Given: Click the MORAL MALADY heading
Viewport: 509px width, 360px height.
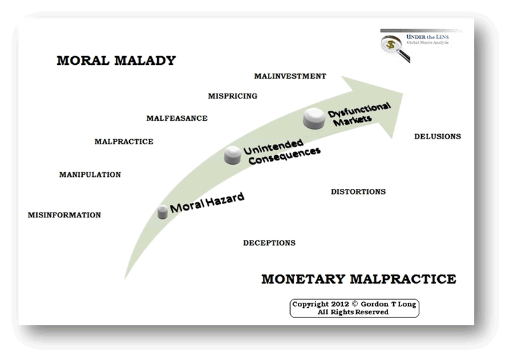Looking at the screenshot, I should click(x=116, y=61).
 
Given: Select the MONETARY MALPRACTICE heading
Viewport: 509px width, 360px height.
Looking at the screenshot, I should click(x=358, y=279).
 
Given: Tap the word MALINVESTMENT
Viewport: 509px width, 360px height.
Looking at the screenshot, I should click(x=289, y=76).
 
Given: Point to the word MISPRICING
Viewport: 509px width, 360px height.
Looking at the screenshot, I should click(x=232, y=96).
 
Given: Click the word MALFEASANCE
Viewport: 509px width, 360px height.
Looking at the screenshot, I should click(x=177, y=118).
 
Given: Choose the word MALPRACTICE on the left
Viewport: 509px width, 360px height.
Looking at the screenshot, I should click(x=123, y=141).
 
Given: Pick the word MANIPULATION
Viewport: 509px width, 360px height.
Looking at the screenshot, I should click(x=90, y=174).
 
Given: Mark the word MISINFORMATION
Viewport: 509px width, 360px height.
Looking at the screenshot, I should click(x=64, y=215).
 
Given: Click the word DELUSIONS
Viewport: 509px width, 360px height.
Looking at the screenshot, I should click(x=437, y=137).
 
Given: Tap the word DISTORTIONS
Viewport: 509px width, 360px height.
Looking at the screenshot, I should click(x=358, y=191).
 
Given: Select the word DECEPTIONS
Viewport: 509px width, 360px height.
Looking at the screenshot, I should click(x=269, y=243).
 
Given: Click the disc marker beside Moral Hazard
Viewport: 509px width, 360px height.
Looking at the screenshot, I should click(x=164, y=212).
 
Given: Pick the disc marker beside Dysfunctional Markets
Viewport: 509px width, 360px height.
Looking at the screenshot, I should click(x=314, y=118).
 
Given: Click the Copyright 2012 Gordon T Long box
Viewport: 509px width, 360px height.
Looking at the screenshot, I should click(x=354, y=308).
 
